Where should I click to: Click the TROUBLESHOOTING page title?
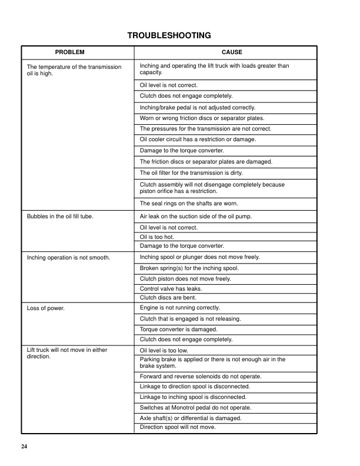pos(169,36)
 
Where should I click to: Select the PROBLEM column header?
pos(70,52)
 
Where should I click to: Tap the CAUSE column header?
pos(232,52)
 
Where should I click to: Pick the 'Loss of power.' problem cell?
pos(46,308)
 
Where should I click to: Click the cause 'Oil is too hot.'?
pos(156,237)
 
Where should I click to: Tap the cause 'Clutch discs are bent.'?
pos(168,298)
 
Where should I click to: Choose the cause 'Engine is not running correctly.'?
pos(179,308)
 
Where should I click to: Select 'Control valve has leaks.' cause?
pos(171,289)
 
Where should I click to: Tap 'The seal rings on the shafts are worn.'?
pos(189,204)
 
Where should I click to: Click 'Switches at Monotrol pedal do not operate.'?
pos(195,407)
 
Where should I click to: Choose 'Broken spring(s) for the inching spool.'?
pos(189,268)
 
